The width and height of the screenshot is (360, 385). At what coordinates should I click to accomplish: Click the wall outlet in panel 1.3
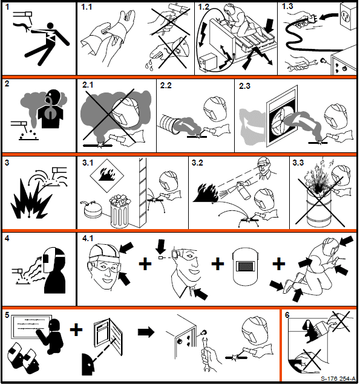pyautogui.click(x=348, y=16)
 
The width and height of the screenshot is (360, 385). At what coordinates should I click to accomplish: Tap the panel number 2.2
pyautogui.click(x=166, y=85)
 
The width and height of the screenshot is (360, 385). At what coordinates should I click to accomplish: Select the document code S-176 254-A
pyautogui.click(x=338, y=378)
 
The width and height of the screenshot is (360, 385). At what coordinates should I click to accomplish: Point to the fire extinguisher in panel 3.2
pyautogui.click(x=240, y=190)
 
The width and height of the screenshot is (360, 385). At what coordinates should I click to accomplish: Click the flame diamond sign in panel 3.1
pyautogui.click(x=107, y=175)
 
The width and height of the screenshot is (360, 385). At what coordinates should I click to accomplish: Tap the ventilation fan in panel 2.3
pyautogui.click(x=281, y=123)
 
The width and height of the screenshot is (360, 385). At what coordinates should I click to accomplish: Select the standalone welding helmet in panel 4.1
pyautogui.click(x=245, y=267)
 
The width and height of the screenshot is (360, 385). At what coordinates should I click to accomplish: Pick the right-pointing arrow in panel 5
pyautogui.click(x=146, y=332)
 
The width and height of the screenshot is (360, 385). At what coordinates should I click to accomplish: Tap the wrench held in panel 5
pyautogui.click(x=205, y=349)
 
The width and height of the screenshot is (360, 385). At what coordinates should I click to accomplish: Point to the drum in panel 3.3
pyautogui.click(x=318, y=206)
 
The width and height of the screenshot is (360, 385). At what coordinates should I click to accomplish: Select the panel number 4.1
pyautogui.click(x=88, y=238)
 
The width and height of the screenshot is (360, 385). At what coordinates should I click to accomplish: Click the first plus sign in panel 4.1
pyautogui.click(x=145, y=264)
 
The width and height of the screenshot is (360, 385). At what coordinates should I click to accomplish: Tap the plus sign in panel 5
pyautogui.click(x=76, y=329)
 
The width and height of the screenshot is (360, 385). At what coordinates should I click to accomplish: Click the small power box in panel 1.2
pyautogui.click(x=208, y=63)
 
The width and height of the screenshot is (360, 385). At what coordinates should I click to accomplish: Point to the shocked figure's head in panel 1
pyautogui.click(x=50, y=25)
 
